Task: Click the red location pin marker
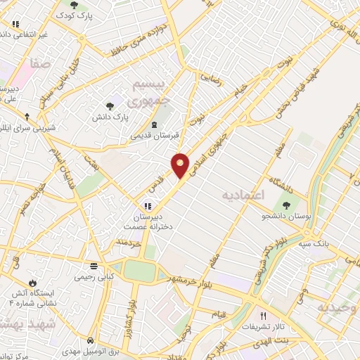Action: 181,165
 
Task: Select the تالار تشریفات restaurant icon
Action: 264,316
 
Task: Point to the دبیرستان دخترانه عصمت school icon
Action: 148,206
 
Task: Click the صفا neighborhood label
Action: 40,64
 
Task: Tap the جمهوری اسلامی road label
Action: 215,148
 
